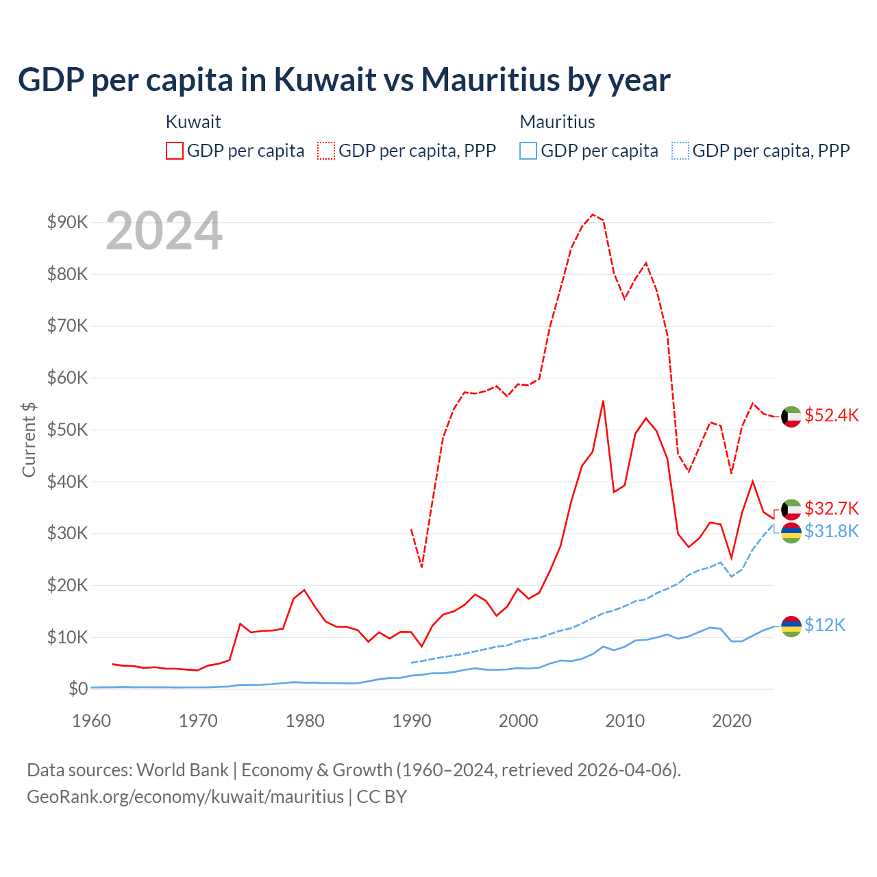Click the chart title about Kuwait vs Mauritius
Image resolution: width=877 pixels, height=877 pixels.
point(344,79)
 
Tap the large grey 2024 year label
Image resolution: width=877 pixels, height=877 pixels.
point(164,232)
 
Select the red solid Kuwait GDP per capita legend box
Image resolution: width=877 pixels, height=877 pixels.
point(175,151)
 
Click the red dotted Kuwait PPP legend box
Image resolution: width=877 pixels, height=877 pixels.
point(326,151)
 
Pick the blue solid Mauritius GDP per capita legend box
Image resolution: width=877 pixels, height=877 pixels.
point(528,151)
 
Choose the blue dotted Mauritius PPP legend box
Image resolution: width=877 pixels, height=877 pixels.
point(680,151)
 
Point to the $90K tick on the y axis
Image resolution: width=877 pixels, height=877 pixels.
point(68,222)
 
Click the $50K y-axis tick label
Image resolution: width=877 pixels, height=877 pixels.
point(68,430)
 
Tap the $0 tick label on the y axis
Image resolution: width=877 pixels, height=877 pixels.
point(78,689)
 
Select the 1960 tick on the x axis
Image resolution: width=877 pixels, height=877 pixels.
point(92,721)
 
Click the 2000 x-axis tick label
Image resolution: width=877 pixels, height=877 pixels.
point(519,721)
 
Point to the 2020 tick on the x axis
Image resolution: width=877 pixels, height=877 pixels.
point(732,721)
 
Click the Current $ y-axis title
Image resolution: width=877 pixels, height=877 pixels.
point(29,439)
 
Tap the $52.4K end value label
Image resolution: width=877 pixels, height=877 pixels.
point(831,416)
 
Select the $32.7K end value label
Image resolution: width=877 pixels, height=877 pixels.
point(831,508)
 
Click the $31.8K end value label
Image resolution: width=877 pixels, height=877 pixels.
point(831,531)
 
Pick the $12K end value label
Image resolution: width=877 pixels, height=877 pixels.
point(825,625)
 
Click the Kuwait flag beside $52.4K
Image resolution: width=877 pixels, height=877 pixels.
point(791,417)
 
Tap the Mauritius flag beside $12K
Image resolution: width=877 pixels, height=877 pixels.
point(791,626)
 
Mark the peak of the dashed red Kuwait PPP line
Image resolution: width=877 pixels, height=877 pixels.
point(593,214)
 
